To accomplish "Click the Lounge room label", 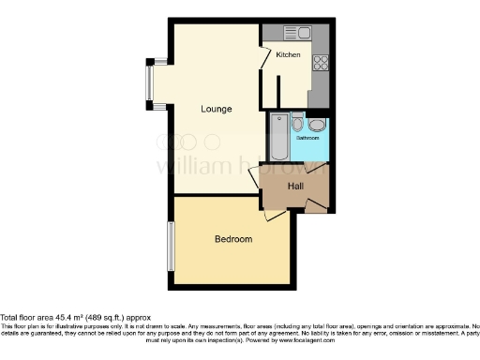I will (216, 109).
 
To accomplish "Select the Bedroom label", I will (233, 239).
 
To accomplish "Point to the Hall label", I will (295, 186).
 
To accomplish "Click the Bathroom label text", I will (307, 138).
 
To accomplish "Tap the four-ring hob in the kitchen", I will (320, 63).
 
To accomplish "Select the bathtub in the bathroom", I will (278, 137).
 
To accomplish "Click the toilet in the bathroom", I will (297, 123).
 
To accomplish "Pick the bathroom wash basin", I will (317, 126).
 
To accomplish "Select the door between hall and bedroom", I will (276, 215).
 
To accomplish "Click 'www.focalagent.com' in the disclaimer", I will (303, 339).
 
